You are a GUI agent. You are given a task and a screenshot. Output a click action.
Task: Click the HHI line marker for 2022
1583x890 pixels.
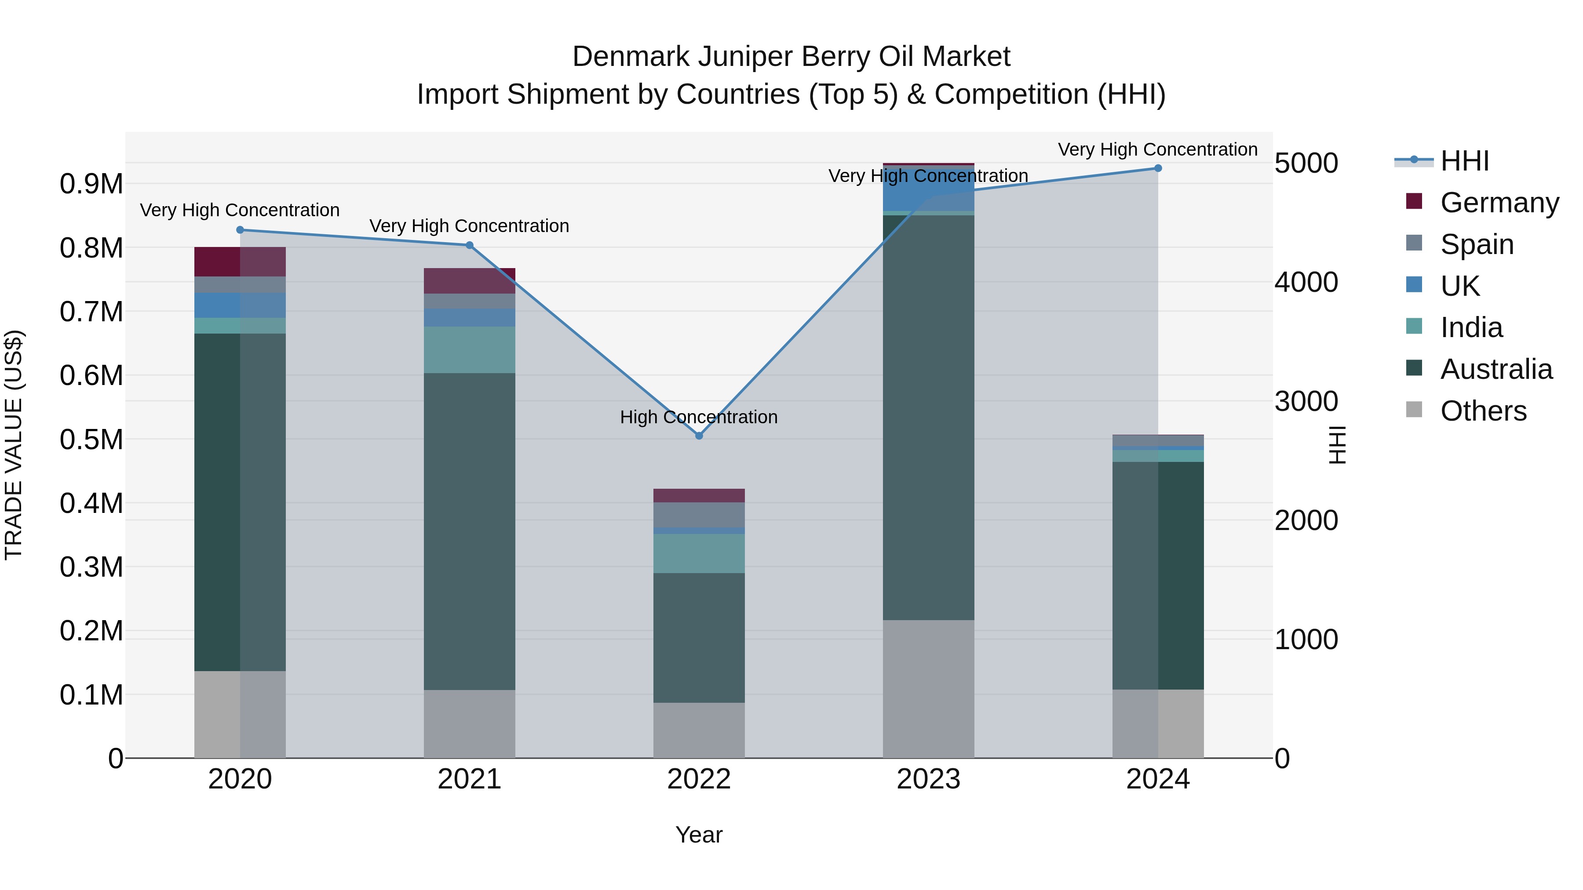tap(699, 436)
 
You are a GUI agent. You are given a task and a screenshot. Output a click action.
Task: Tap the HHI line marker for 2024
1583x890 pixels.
tap(1158, 168)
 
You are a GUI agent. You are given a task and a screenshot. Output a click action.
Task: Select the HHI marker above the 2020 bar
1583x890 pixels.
tap(240, 230)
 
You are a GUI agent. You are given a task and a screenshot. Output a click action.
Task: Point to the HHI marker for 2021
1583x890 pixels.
tap(470, 245)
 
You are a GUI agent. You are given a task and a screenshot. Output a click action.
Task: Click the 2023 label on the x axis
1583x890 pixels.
tap(928, 779)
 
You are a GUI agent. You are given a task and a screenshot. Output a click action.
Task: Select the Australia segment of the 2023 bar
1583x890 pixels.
tap(928, 418)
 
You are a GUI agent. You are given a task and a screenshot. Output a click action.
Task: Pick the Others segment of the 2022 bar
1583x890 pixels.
tap(699, 730)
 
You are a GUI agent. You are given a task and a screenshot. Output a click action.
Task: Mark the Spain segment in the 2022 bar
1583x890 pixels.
tap(699, 515)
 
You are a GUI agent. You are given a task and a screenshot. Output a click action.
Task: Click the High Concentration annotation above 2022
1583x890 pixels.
tap(699, 417)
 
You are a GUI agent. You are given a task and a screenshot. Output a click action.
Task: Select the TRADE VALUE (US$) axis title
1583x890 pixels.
tap(14, 445)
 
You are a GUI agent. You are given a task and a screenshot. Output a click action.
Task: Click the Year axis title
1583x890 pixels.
tap(699, 835)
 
